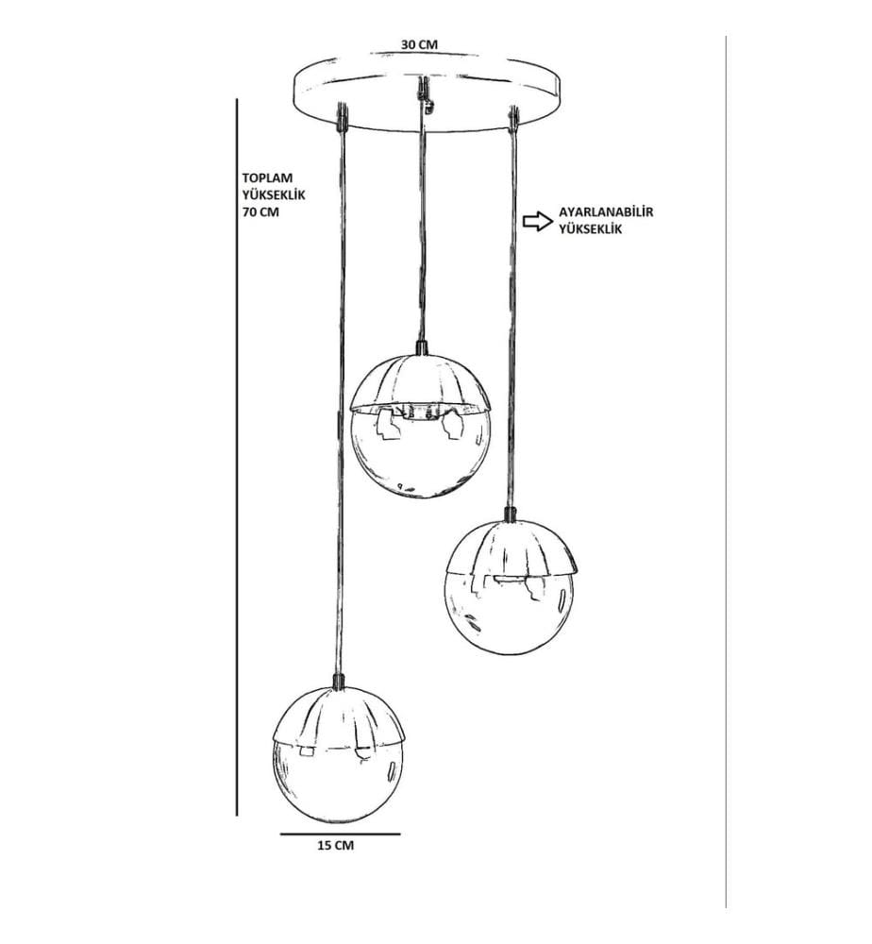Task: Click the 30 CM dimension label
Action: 419,44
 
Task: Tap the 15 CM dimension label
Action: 336,845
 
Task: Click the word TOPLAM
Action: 267,178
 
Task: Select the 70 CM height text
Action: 260,212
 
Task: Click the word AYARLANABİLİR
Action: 606,211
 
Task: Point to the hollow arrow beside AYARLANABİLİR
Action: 537,221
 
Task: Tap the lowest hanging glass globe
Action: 342,754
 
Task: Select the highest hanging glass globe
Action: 421,427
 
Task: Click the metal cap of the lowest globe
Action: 342,718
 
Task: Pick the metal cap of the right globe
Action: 511,548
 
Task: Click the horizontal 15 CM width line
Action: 340,834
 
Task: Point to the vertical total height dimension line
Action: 237,458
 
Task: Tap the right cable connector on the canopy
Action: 513,117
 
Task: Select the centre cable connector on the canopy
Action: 426,94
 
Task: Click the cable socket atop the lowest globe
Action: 339,681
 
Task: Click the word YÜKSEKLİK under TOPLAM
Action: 274,195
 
